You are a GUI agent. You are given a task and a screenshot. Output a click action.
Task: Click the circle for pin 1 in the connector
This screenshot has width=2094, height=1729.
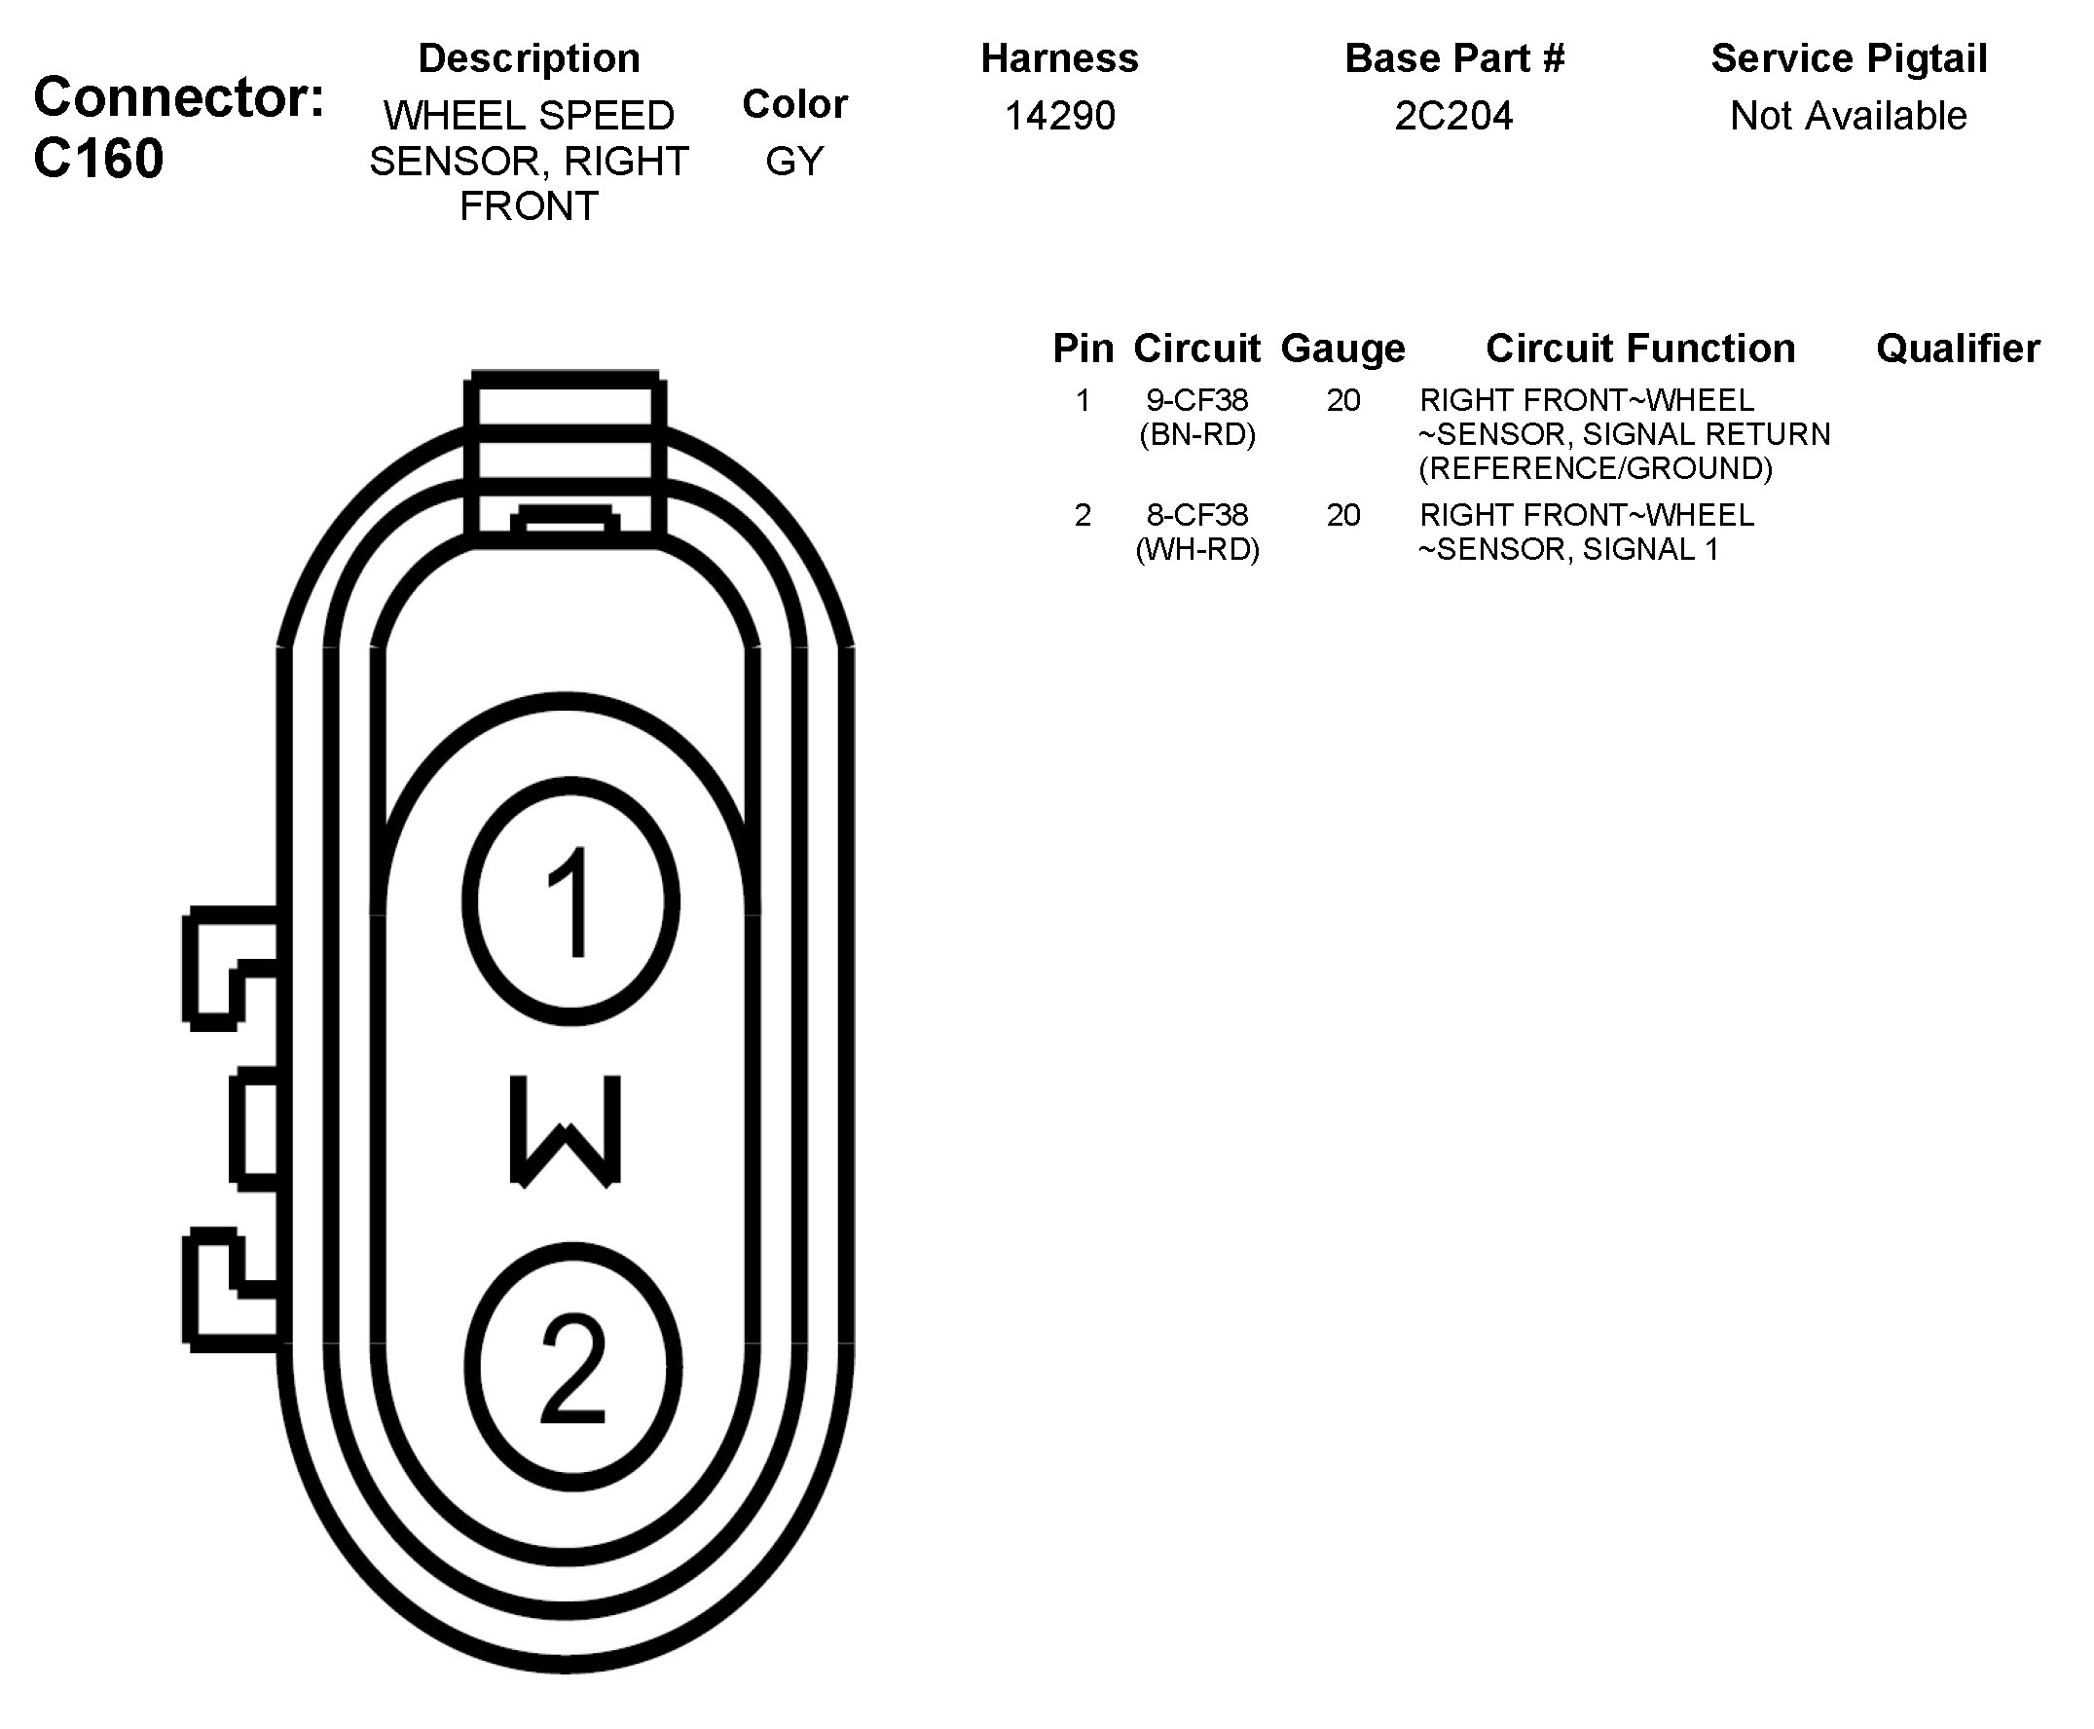(570, 901)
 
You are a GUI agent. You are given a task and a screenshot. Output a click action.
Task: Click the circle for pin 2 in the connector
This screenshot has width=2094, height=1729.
(572, 1367)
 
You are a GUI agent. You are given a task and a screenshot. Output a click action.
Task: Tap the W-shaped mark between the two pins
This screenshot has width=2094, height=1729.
(566, 1130)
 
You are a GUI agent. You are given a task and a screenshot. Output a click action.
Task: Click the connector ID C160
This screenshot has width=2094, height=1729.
(98, 159)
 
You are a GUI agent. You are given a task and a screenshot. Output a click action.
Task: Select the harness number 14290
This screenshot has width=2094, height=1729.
(1059, 116)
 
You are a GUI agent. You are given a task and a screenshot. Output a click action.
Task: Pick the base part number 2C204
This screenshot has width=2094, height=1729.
(1452, 116)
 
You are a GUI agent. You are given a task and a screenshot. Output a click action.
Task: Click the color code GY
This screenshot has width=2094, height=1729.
(794, 161)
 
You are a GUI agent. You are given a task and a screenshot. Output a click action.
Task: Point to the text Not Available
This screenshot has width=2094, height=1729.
(1848, 116)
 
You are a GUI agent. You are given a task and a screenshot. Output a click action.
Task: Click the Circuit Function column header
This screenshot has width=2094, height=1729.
(1640, 349)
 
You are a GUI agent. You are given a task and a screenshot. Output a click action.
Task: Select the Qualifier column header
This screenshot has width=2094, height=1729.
(1958, 349)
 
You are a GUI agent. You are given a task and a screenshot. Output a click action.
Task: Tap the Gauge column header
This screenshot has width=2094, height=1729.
(1342, 349)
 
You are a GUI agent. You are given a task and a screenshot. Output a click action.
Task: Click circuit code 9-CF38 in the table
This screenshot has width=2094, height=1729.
(1196, 400)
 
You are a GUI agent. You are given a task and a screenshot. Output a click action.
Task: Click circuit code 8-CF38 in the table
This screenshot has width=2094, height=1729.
(1196, 515)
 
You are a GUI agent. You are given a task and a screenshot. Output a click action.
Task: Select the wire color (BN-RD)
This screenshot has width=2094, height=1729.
(1196, 434)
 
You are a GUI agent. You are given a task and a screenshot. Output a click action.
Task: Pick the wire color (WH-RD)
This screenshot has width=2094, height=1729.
(1196, 549)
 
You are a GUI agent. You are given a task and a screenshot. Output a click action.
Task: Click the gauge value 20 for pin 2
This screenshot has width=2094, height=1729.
(1342, 515)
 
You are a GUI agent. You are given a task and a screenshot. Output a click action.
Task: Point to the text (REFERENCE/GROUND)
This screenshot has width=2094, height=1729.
(1596, 468)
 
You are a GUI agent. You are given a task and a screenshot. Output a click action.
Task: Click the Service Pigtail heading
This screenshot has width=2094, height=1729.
(1849, 57)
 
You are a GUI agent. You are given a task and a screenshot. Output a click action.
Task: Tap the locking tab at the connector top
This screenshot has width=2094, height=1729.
(565, 459)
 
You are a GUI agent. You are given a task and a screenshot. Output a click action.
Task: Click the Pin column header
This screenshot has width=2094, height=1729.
(1083, 349)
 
